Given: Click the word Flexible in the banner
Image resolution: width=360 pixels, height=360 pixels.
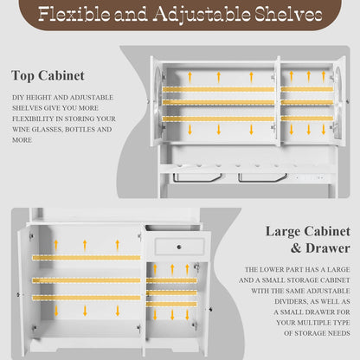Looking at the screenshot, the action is pyautogui.click(x=74, y=14).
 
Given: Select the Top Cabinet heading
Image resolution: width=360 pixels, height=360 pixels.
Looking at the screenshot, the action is pyautogui.click(x=48, y=76).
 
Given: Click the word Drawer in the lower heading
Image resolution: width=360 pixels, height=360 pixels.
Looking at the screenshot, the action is pyautogui.click(x=328, y=248).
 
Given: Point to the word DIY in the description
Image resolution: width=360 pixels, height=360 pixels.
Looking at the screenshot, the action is pyautogui.click(x=18, y=98).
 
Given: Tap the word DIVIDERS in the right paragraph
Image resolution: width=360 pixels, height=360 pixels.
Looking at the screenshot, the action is pyautogui.click(x=292, y=301).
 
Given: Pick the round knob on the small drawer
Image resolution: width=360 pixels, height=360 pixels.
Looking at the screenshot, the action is pyautogui.click(x=179, y=247).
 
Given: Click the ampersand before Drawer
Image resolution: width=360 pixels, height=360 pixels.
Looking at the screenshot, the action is pyautogui.click(x=296, y=248).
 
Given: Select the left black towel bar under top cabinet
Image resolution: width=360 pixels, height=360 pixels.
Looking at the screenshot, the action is pyautogui.click(x=197, y=178).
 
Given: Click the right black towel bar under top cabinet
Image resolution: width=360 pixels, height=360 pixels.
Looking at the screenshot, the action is pyautogui.click(x=262, y=178).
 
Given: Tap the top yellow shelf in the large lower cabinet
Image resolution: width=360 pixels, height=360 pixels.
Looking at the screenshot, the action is pyautogui.click(x=87, y=258).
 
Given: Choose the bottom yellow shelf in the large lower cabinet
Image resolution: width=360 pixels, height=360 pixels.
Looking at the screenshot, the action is pyautogui.click(x=87, y=298).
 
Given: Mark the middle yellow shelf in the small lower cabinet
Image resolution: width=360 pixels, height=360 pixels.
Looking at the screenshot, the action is pyautogui.click(x=171, y=293).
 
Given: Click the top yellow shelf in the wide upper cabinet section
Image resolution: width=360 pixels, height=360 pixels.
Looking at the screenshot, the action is pyautogui.click(x=218, y=89).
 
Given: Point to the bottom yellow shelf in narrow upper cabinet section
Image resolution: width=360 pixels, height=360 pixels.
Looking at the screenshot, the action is pyautogui.click(x=307, y=119).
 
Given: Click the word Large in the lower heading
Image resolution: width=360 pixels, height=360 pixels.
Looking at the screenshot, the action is pyautogui.click(x=283, y=231).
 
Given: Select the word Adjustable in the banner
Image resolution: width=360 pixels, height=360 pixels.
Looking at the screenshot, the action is pyautogui.click(x=202, y=14).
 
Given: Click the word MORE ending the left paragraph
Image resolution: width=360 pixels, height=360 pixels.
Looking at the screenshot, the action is pyautogui.click(x=22, y=140).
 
